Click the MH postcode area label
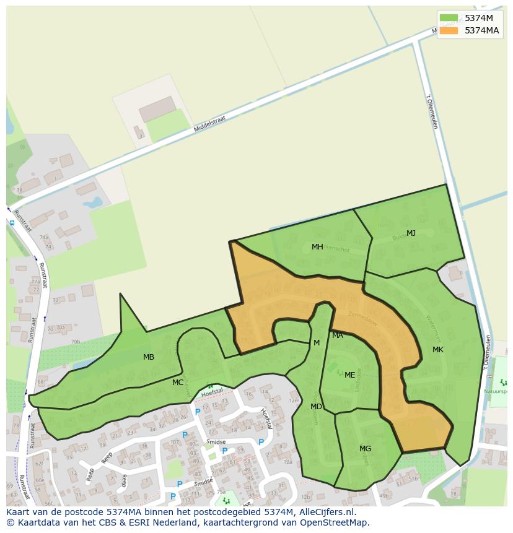point(317,247)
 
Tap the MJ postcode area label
point(411,233)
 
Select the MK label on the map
point(438,350)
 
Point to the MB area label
point(149,357)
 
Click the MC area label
point(178,383)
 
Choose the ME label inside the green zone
point(350,375)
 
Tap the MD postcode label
point(316,407)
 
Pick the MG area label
point(365,449)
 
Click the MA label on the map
point(338,336)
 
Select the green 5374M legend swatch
point(449,18)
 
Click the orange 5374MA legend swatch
point(449,31)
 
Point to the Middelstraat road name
point(210,124)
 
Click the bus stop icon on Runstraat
point(12,222)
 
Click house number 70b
point(75,341)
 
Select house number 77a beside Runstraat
point(35,281)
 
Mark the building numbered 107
point(174,442)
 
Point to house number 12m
point(294,401)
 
